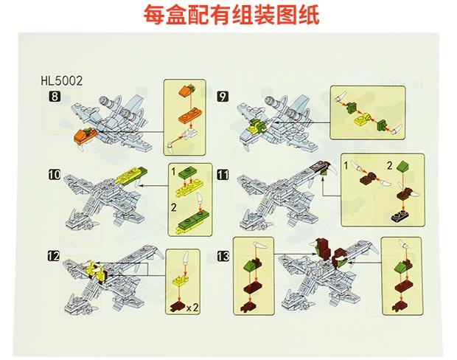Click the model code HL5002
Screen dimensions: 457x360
(x=66, y=83)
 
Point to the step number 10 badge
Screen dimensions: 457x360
(x=54, y=175)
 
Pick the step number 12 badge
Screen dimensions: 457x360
(x=54, y=256)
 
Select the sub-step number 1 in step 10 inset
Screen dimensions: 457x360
(x=175, y=171)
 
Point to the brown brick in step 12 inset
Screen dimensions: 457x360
(x=178, y=303)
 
